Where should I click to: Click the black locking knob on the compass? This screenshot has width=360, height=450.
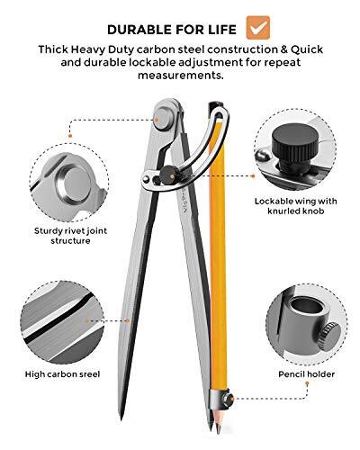point(166,176)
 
